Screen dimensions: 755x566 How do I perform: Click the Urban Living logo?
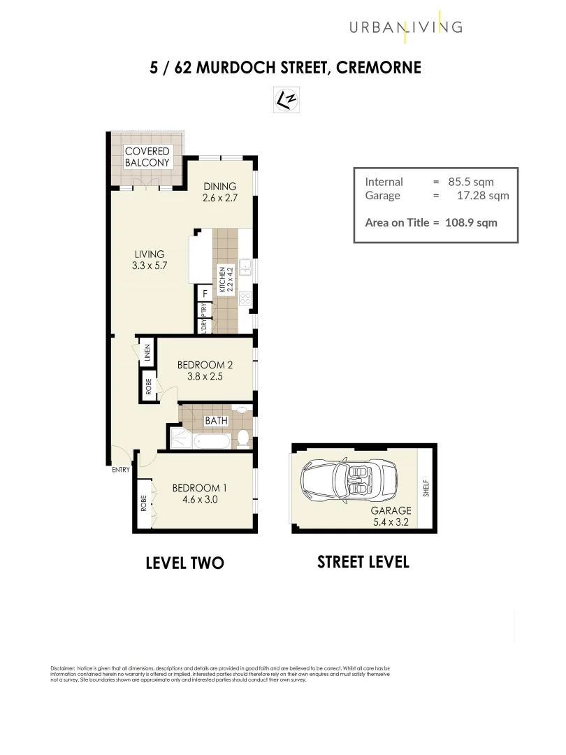[x=406, y=27]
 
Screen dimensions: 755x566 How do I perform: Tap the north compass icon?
[x=286, y=100]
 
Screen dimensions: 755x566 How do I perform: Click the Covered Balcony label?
[x=147, y=157]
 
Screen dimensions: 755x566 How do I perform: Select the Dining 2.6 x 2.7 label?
[x=219, y=192]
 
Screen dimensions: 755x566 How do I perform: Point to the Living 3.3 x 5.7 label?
[x=147, y=260]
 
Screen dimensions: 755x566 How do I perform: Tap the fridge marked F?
[x=205, y=294]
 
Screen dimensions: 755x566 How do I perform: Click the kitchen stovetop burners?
[x=245, y=299]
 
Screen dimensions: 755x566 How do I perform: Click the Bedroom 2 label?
[x=205, y=371]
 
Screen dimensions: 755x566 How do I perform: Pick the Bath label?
[x=216, y=421]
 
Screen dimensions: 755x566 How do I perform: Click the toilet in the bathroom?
[x=242, y=439]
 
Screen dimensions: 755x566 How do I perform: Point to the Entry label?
[x=121, y=470]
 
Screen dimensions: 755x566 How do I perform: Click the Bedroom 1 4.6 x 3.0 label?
[x=199, y=494]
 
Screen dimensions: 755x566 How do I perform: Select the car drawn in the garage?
[x=344, y=482]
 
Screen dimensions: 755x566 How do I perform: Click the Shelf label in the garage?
[x=426, y=488]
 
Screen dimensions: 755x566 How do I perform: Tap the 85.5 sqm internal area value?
[x=472, y=182]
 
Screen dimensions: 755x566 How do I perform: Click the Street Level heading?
[x=363, y=561]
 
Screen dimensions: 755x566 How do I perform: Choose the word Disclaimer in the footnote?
[x=62, y=668]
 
